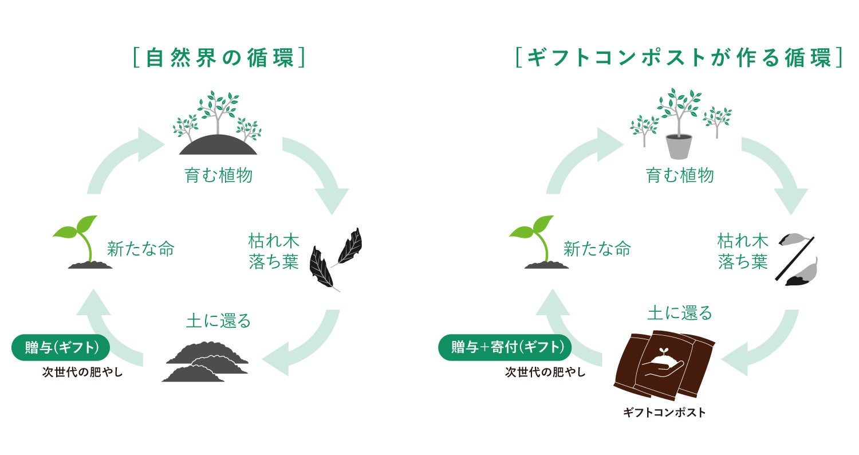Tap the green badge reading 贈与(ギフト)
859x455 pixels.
pos(61,347)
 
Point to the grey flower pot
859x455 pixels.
pos(679,147)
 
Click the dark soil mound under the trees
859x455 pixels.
pos(218,144)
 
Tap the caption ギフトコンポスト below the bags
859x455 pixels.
pos(664,413)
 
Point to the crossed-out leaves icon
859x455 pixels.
pos(797,259)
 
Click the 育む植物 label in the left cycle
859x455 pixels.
pos(218,175)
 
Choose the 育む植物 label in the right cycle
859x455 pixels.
pos(680,175)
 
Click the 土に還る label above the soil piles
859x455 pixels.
pos(218,321)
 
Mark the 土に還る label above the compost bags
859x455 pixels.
pos(680,313)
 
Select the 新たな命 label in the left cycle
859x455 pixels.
pos(141,249)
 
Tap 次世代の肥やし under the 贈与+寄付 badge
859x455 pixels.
pos(545,372)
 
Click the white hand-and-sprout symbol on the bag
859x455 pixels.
pos(664,362)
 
